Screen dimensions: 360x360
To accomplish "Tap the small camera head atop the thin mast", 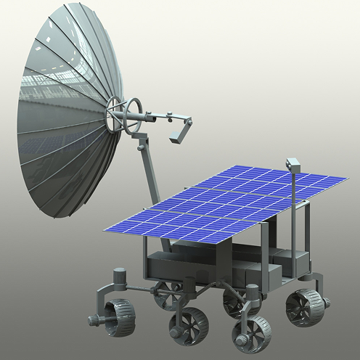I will click(x=293, y=162).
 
